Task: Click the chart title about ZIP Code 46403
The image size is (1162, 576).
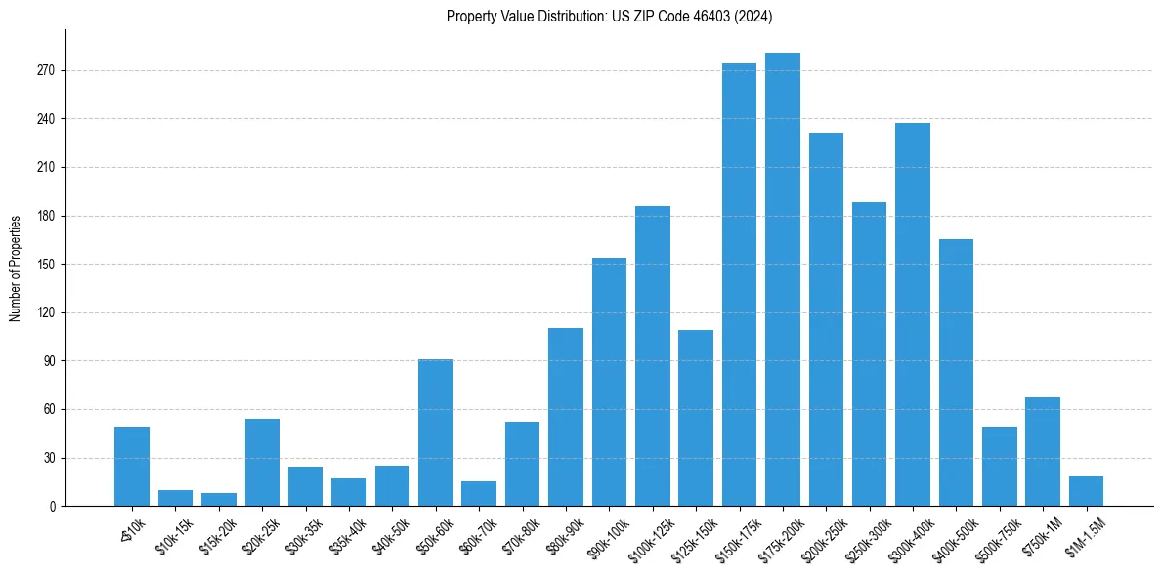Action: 609,17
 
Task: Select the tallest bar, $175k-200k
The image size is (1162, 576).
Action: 782,279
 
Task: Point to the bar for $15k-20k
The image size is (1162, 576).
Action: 219,499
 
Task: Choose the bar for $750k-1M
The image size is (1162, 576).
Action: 1042,451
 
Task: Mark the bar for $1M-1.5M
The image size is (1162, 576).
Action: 1086,491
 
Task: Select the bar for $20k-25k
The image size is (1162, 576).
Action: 262,462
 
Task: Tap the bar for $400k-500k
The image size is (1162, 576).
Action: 956,372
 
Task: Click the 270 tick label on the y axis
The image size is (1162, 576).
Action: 46,71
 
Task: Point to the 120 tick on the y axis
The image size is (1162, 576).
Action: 46,312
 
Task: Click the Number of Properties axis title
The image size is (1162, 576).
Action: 16,267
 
